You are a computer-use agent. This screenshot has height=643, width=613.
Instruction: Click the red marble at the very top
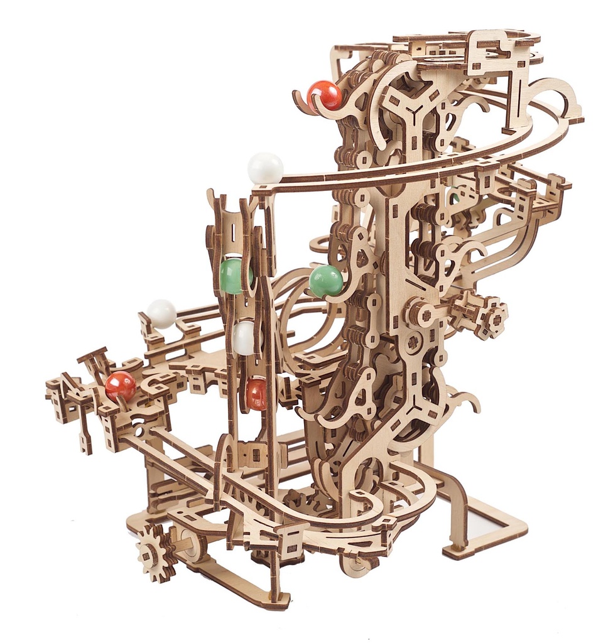[324, 95]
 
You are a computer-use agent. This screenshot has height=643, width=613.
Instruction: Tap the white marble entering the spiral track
[265, 168]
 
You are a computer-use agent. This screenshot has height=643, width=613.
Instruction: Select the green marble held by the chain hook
[326, 281]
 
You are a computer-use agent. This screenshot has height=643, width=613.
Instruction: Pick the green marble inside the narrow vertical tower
[234, 276]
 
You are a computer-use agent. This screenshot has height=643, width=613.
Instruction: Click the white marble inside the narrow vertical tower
[244, 338]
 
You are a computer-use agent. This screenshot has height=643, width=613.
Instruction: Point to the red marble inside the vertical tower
[256, 394]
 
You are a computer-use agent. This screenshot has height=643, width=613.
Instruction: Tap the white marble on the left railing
[162, 313]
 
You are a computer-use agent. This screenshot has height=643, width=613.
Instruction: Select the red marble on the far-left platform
[121, 386]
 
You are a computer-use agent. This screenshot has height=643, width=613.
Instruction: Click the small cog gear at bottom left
[155, 552]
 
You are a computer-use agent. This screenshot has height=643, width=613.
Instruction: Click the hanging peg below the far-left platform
[85, 440]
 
